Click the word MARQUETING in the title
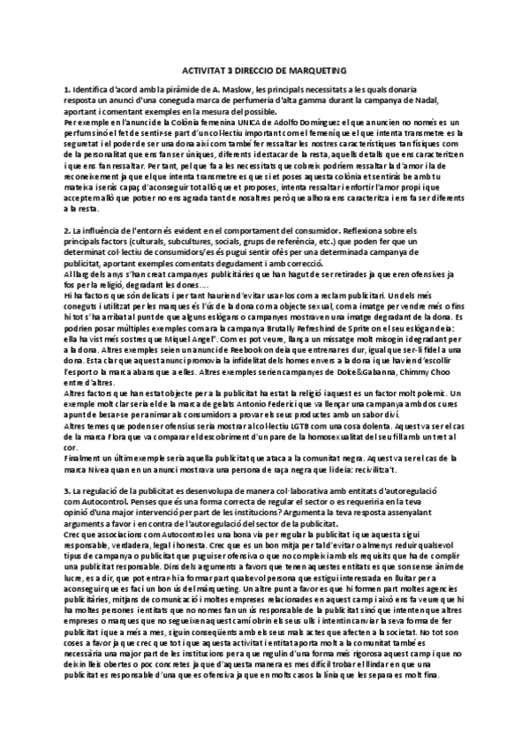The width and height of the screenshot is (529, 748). [314, 70]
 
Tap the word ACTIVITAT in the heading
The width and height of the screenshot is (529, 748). [205, 70]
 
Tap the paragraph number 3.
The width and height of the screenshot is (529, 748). [66, 490]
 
